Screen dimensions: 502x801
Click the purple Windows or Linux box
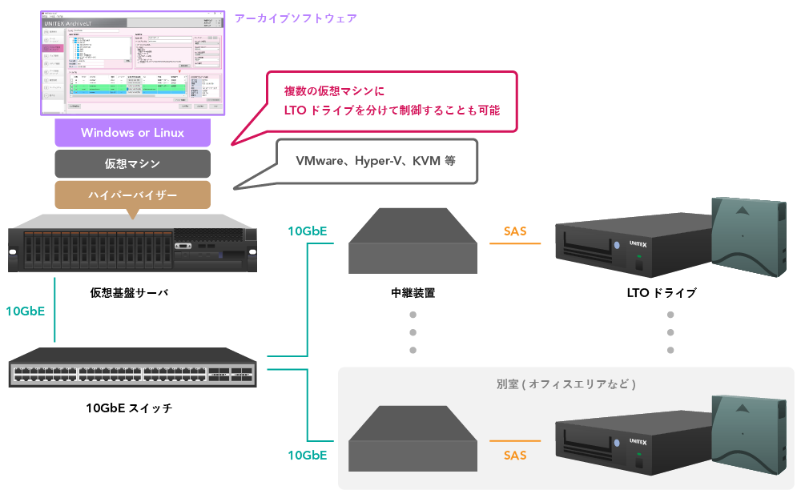pos(132,133)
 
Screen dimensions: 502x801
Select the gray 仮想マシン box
pos(132,164)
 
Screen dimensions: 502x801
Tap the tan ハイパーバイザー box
pos(132,195)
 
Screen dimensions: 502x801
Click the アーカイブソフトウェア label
pos(296,18)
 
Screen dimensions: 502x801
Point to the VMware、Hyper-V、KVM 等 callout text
pos(376,160)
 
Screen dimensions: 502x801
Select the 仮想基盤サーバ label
pos(130,293)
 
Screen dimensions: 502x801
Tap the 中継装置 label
pos(413,293)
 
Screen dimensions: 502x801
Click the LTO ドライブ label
pos(662,293)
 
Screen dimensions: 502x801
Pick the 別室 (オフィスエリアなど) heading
pos(566,384)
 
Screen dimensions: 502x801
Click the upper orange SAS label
pos(515,231)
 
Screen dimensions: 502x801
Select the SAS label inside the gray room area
pos(515,455)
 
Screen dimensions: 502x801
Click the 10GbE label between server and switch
pos(25,311)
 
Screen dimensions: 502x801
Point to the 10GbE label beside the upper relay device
pos(307,231)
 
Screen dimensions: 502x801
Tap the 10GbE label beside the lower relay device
pos(307,455)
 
